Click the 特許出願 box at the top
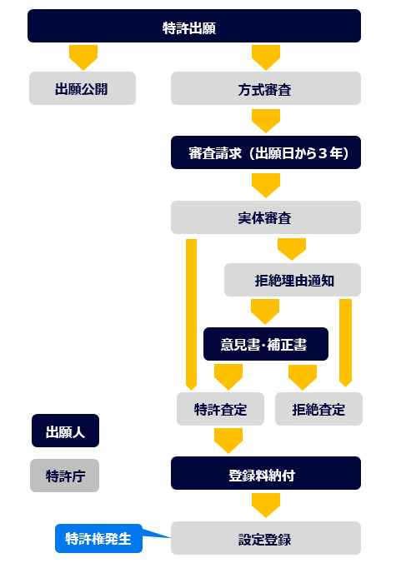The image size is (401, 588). pos(194,26)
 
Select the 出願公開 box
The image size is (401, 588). pos(83,88)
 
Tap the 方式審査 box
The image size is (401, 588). pos(266,88)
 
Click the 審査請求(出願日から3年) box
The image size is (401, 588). pos(266,152)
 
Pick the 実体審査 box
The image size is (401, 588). pos(266,217)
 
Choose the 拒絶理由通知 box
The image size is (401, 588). pos(293,280)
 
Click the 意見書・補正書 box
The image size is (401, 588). pos(266,344)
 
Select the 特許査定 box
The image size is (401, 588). pos(220,409)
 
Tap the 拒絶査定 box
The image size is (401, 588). pos(318,409)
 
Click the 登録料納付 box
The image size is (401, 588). pos(266,473)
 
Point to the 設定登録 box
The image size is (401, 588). pos(266,538)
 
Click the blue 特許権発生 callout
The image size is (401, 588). pos(98,539)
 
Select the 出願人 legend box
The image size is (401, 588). pos(65,431)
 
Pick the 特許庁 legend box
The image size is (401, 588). pos(64,476)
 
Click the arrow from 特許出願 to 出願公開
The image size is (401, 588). pos(83,57)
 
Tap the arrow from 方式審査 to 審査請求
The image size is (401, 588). pos(266,121)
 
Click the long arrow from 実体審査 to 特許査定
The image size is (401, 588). pos(191,314)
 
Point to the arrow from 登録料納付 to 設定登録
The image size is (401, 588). pos(266,505)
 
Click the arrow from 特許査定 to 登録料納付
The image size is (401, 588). pos(228,441)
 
